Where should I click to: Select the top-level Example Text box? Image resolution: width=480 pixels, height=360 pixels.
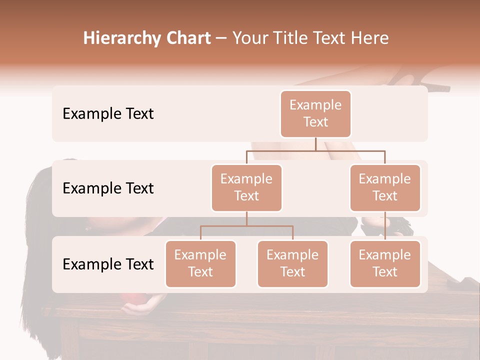tap(315, 113)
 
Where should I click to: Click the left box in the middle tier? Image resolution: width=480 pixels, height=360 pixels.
tap(246, 187)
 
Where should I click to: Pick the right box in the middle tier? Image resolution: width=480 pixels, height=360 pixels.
tap(385, 187)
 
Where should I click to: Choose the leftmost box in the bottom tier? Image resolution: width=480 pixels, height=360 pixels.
tap(200, 263)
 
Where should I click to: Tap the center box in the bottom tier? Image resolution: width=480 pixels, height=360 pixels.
tap(292, 263)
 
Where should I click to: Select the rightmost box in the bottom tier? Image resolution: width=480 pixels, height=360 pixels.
tap(385, 263)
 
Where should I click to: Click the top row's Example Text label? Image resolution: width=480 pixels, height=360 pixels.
tap(108, 114)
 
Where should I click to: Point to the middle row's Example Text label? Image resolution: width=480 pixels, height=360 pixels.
tap(108, 188)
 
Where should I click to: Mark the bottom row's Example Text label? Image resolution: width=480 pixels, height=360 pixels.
tap(108, 264)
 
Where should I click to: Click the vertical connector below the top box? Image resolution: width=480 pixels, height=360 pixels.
tap(315, 144)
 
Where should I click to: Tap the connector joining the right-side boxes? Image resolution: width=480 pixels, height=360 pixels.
tap(385, 226)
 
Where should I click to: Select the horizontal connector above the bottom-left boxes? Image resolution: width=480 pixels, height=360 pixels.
tap(246, 226)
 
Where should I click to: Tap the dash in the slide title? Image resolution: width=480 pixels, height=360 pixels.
tap(221, 38)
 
